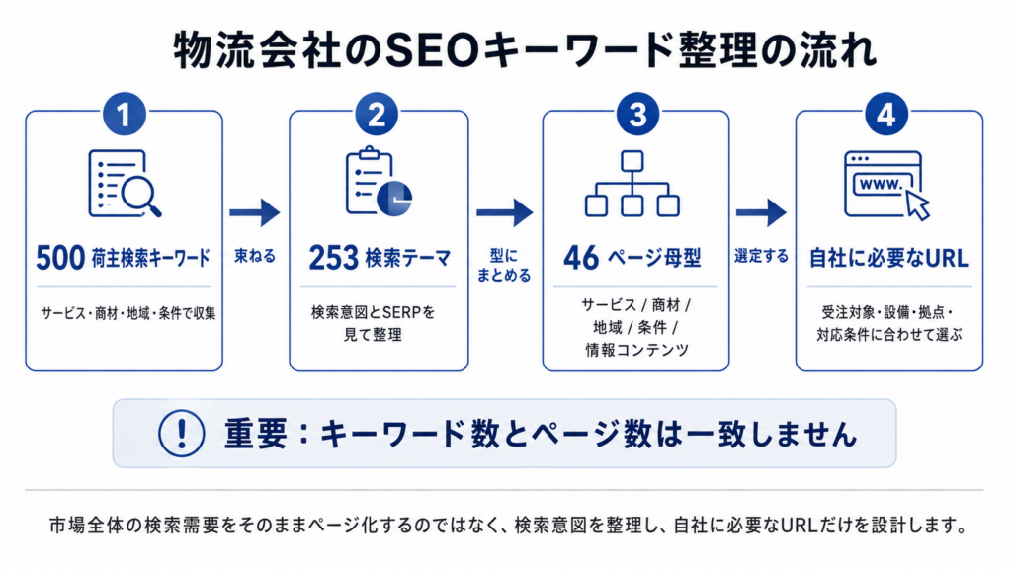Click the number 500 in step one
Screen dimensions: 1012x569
coord(60,258)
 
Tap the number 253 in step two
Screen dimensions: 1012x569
coord(333,258)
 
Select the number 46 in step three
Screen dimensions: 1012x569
coord(581,258)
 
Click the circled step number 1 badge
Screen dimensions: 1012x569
coord(125,115)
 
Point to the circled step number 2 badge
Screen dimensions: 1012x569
coord(377,115)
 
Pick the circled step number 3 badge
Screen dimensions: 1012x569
coord(637,115)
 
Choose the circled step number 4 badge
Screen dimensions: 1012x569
coord(885,115)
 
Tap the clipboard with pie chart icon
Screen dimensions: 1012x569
coord(379,182)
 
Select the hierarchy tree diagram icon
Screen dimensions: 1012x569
coord(632,184)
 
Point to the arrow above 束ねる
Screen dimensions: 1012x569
coord(255,212)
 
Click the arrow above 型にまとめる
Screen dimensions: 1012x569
coord(505,212)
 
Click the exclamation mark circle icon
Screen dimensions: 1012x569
coord(182,434)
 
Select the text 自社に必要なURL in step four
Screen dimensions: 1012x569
coord(888,259)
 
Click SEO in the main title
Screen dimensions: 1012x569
coord(432,51)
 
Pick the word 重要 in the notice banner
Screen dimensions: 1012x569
coord(256,434)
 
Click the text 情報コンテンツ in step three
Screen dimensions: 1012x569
coord(636,350)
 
